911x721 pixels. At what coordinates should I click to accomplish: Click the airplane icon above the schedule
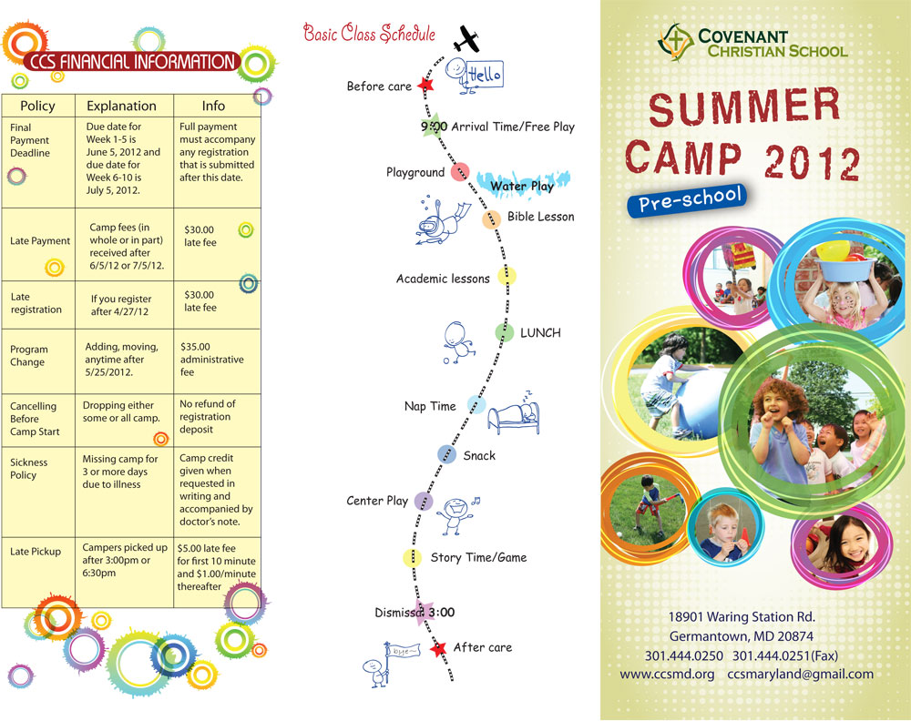(x=466, y=39)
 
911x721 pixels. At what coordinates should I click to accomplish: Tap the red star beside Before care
(x=425, y=86)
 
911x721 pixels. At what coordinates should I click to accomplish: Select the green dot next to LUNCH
(x=504, y=333)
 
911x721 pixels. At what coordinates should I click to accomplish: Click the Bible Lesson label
(x=541, y=217)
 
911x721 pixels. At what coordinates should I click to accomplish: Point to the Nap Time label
(x=430, y=406)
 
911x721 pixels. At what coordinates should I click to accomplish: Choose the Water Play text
(x=522, y=186)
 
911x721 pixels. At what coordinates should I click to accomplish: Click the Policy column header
(x=37, y=106)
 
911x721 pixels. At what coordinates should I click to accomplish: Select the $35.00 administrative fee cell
(x=212, y=359)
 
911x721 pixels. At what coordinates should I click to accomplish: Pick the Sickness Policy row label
(x=29, y=468)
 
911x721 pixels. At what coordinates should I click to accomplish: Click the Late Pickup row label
(x=36, y=552)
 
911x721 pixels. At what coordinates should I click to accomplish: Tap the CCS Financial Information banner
(x=132, y=62)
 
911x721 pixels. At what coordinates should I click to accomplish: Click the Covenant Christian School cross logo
(x=674, y=40)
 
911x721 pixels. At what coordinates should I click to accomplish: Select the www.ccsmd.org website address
(x=667, y=675)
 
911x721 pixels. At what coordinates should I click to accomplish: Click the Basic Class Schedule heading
(x=369, y=35)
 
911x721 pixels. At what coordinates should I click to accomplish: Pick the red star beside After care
(x=439, y=648)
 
